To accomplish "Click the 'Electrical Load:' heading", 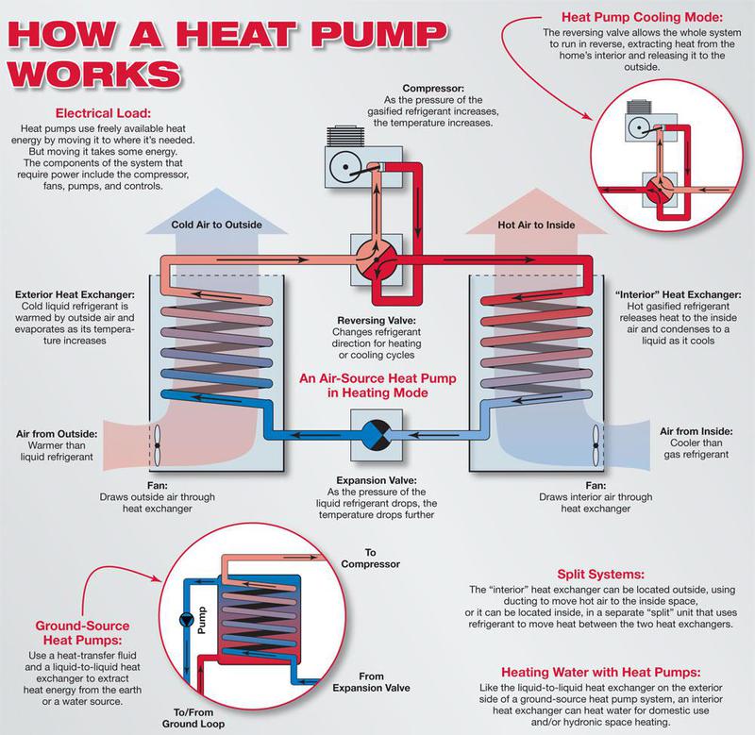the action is (x=103, y=113).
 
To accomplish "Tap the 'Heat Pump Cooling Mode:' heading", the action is (x=642, y=17).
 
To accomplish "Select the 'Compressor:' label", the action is (x=433, y=88).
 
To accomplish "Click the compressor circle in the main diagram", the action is (x=345, y=167).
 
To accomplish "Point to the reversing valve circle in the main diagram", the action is (x=377, y=259).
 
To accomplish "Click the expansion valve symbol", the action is (x=376, y=435).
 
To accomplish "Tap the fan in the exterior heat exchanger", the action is (x=157, y=446).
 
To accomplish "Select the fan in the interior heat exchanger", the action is (x=596, y=445).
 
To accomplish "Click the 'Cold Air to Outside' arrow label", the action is (x=217, y=225).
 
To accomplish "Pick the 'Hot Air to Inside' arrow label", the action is (x=536, y=225).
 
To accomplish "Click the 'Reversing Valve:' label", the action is (x=377, y=320).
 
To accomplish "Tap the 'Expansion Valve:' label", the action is (x=377, y=480).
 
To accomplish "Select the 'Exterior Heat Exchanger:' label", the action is (x=75, y=294).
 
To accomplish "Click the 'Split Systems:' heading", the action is (x=600, y=575).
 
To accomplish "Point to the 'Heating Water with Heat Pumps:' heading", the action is (x=601, y=672).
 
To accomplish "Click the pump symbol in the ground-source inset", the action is (x=186, y=620).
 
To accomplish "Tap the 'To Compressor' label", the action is (x=370, y=559).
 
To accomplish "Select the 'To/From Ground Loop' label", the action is (x=193, y=718).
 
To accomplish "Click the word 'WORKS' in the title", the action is (x=94, y=75).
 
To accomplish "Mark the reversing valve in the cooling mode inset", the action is (x=660, y=190).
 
